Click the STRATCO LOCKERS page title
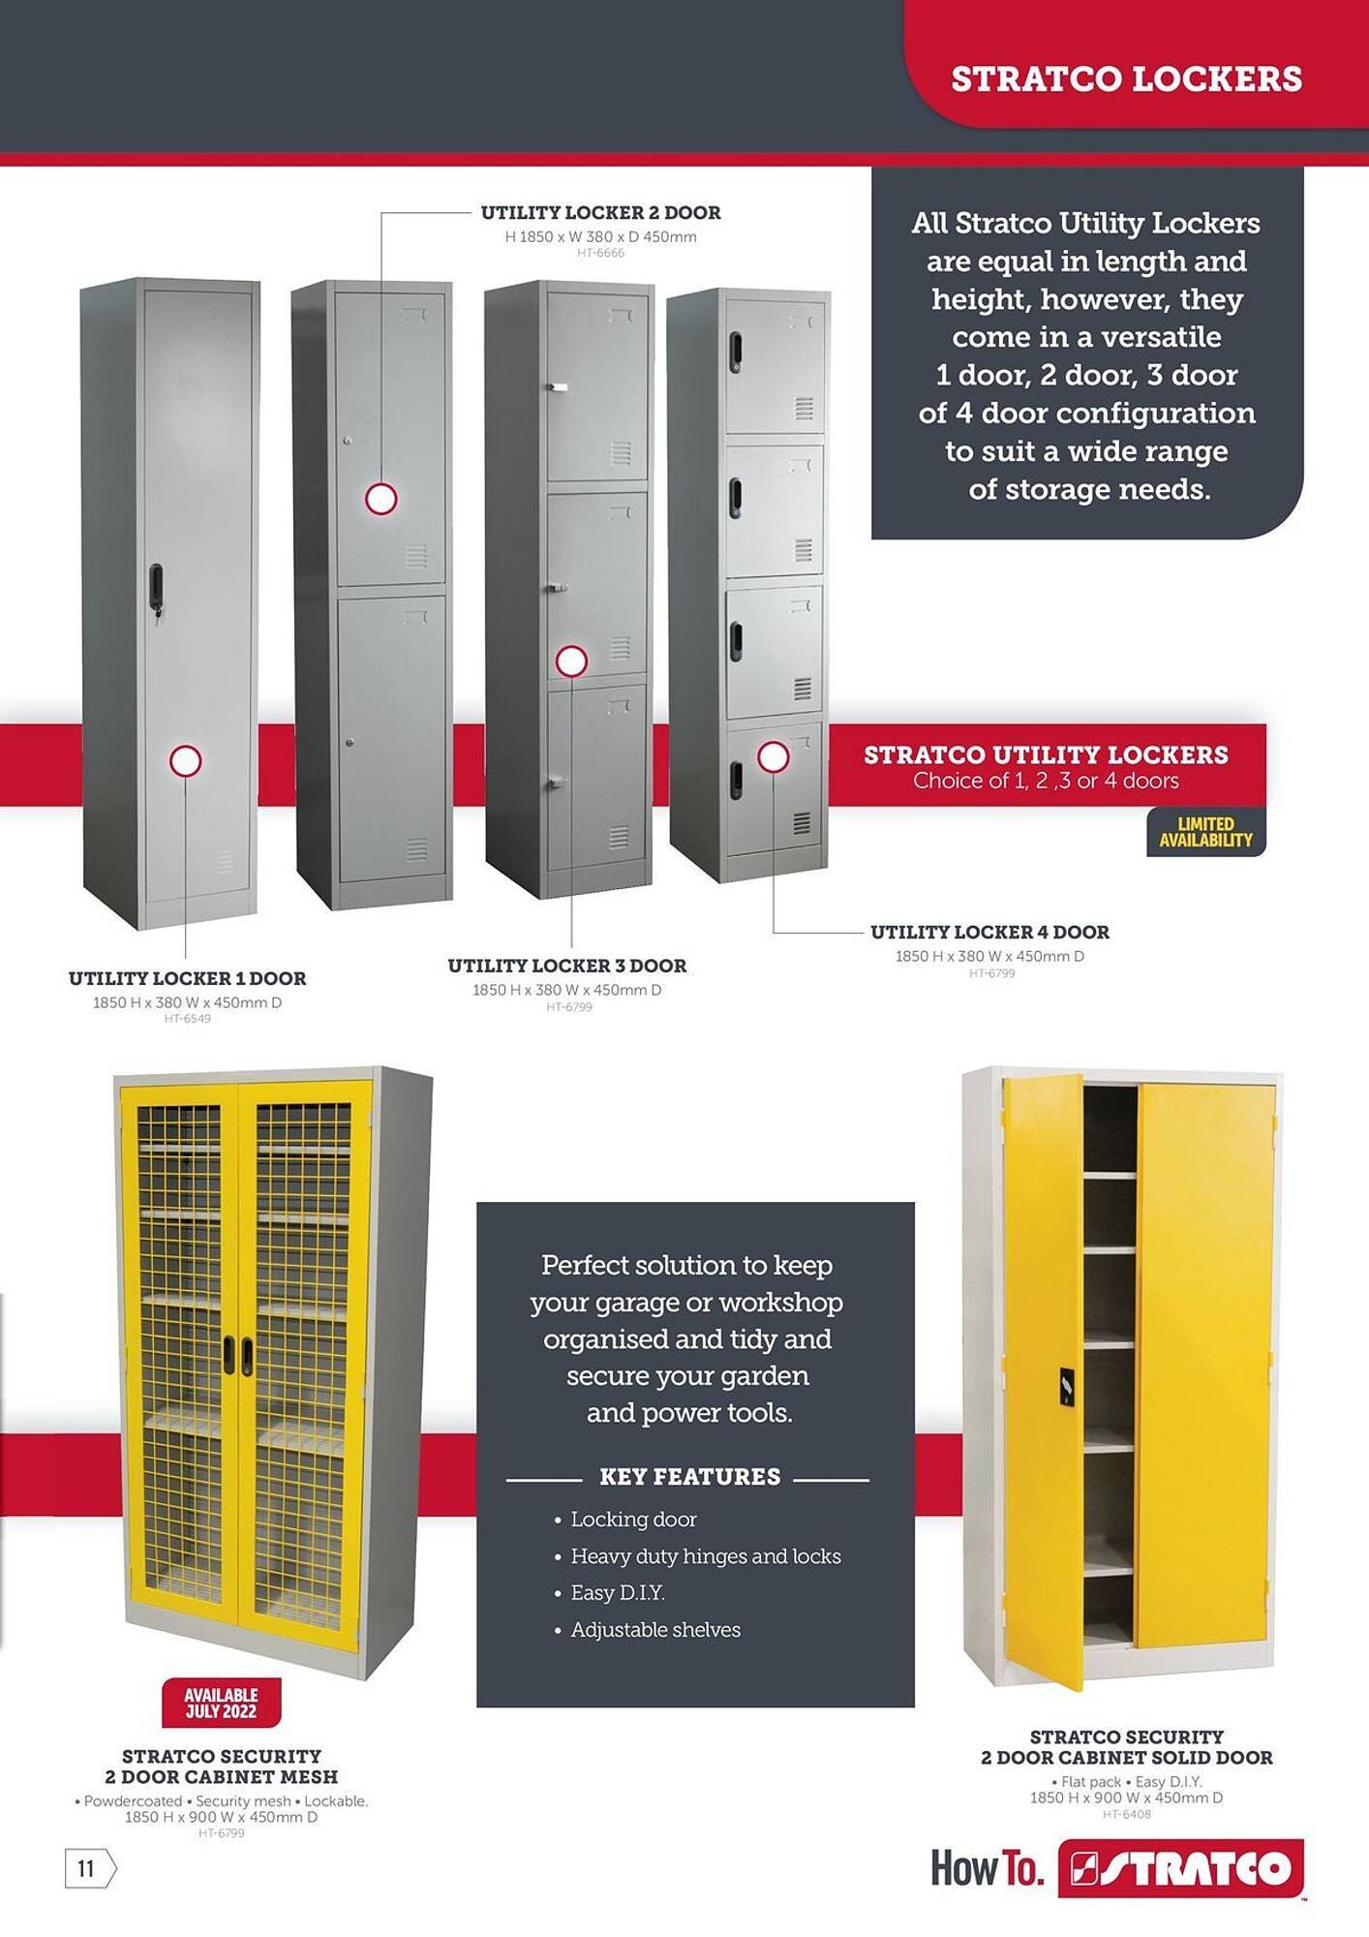[1126, 79]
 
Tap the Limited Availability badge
[1206, 832]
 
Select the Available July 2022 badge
[221, 1703]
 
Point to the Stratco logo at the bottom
[1181, 1869]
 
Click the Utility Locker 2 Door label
[600, 213]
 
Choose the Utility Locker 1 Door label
[187, 979]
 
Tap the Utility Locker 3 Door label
[566, 967]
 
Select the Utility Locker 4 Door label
[989, 933]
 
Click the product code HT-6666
[600, 254]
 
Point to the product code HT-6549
[187, 1019]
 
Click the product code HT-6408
[1127, 1814]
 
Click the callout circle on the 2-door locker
[380, 499]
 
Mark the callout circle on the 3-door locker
[571, 661]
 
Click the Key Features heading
[689, 1477]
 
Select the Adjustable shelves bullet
[648, 1630]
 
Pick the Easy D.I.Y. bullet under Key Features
[610, 1593]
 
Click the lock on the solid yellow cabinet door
[1066, 1387]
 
